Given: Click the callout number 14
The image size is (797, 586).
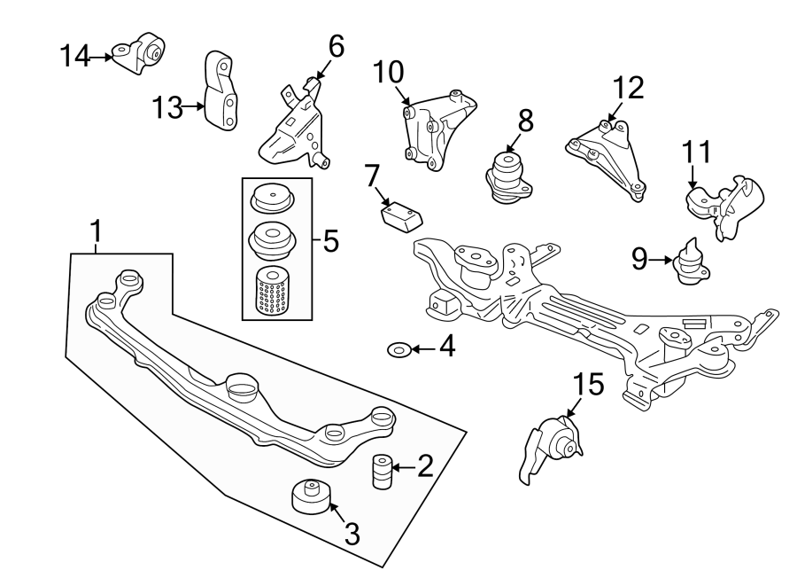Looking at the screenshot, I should point(75,57).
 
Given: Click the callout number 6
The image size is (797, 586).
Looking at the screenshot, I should point(335,46).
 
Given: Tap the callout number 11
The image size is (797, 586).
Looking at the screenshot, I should point(696,152).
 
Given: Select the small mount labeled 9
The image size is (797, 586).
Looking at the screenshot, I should point(691,263).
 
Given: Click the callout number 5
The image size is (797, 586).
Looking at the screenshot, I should point(330,240).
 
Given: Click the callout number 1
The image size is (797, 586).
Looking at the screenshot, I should point(96,232).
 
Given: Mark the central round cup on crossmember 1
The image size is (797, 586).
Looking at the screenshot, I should point(242,387).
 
